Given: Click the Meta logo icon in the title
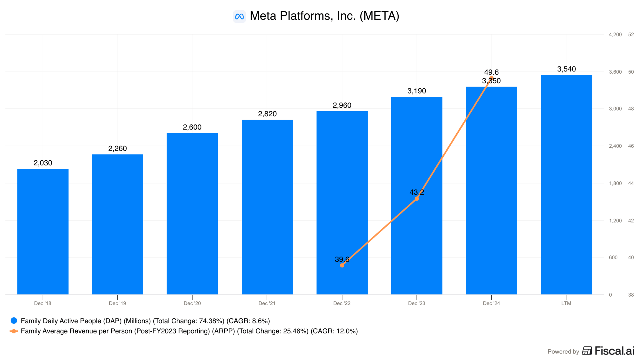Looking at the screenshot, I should click(x=239, y=16).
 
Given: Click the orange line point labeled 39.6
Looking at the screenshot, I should click(x=342, y=265).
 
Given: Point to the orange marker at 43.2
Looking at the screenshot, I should click(x=417, y=199).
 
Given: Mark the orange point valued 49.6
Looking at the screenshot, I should click(x=491, y=79).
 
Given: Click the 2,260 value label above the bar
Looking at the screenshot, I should click(x=117, y=149).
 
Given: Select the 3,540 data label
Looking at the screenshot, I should click(x=566, y=69).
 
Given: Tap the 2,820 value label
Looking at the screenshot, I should click(x=267, y=114).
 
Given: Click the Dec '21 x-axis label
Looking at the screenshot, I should click(x=267, y=303).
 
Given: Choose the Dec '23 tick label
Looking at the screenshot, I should click(x=417, y=303).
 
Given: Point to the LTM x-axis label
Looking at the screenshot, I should click(x=566, y=303).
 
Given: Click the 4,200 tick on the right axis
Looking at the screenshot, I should click(x=615, y=35).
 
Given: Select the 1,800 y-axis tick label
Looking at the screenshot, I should click(x=615, y=183).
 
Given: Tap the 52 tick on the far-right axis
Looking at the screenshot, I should click(x=631, y=35).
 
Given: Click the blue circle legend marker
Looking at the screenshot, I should click(x=14, y=321).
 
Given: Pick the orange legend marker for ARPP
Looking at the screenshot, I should click(x=14, y=331).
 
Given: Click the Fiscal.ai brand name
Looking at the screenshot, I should click(x=614, y=351).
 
